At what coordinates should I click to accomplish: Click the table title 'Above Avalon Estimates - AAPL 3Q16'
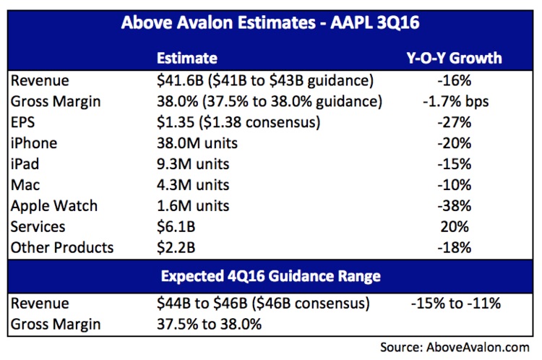pos(270,24)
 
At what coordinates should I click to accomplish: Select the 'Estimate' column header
pos(186,58)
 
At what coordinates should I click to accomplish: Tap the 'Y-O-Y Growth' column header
pos(455,58)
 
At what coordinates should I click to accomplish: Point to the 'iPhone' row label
pos(34,142)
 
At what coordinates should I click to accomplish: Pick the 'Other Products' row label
pos(62,247)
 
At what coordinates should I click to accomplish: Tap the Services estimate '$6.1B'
pos(176,226)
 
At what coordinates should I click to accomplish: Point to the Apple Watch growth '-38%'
pos(455,205)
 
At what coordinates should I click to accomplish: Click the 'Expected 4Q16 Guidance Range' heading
pos(270,275)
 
